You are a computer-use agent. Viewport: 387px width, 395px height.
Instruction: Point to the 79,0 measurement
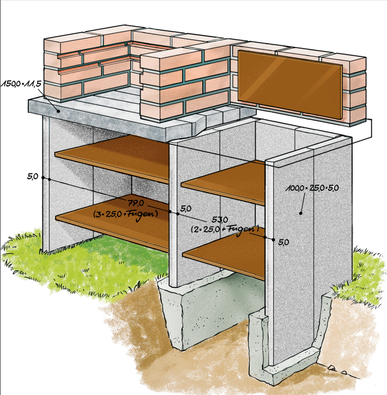click(136, 204)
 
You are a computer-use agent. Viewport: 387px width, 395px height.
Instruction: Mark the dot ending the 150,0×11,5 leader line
click(58, 110)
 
